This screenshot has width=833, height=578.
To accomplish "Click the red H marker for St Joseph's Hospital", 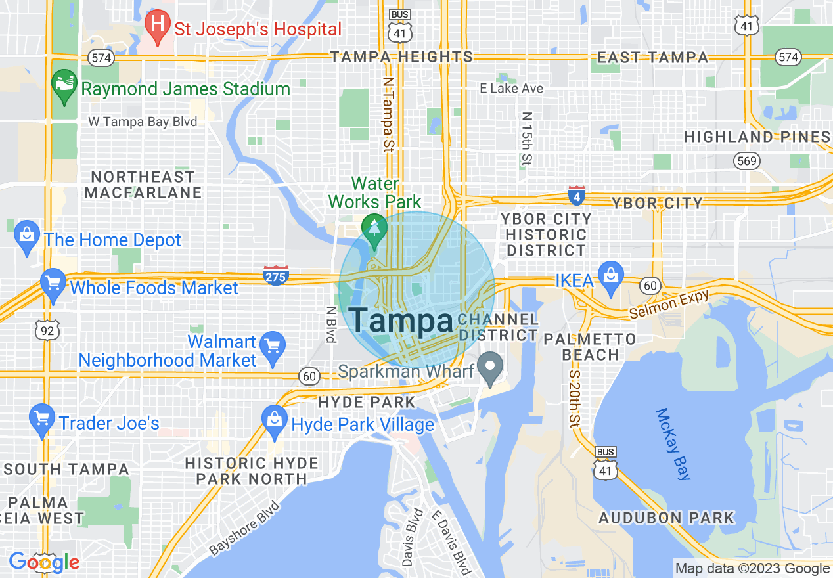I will click(x=158, y=26).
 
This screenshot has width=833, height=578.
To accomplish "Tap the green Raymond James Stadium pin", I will click(x=64, y=86).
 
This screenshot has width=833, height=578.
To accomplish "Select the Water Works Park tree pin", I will click(x=375, y=230).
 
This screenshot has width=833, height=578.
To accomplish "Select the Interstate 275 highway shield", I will click(x=275, y=276).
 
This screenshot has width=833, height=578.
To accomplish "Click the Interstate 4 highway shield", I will click(x=576, y=195).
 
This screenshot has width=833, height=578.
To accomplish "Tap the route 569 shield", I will click(x=748, y=160).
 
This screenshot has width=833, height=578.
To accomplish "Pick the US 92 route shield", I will click(x=47, y=330).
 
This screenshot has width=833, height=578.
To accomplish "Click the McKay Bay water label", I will click(x=673, y=444).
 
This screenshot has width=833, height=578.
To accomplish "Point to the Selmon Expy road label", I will click(x=669, y=304).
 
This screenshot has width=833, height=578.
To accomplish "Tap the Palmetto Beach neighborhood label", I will click(x=589, y=347).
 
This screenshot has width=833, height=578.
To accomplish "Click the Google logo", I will click(x=44, y=562).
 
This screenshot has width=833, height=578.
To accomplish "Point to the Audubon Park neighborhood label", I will click(x=666, y=518).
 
